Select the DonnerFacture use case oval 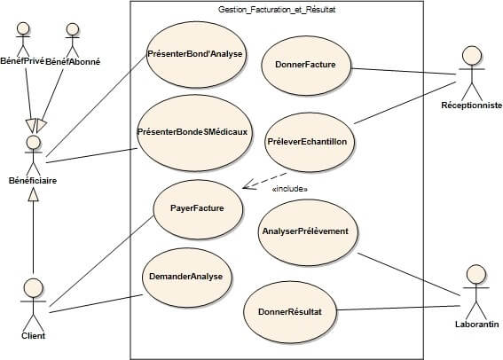(306, 64)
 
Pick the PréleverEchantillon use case (311, 141)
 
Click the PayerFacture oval (196, 208)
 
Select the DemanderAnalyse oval (187, 275)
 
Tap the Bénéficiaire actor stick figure (34, 154)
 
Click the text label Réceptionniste (471, 106)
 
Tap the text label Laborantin (475, 325)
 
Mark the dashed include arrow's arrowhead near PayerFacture (246, 186)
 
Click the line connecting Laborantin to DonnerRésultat (399, 309)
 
